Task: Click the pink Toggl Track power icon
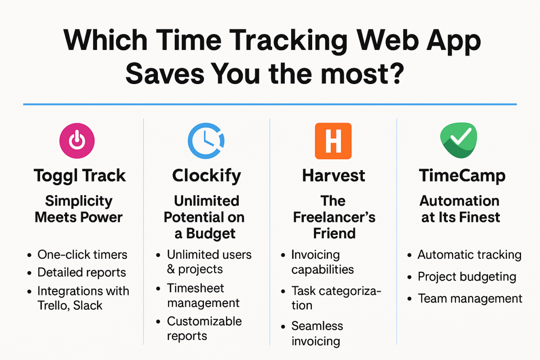click(77, 141)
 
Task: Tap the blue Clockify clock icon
click(206, 141)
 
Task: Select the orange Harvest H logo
click(333, 141)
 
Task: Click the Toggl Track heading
click(80, 176)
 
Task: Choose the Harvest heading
click(333, 176)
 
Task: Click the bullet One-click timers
click(82, 254)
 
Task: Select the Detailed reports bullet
click(81, 272)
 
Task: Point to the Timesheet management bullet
click(202, 295)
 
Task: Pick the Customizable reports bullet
click(204, 328)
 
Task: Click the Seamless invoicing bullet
click(317, 333)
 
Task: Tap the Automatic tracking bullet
click(469, 254)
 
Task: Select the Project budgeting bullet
click(467, 276)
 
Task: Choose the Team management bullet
click(470, 298)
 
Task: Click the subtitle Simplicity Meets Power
click(79, 209)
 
